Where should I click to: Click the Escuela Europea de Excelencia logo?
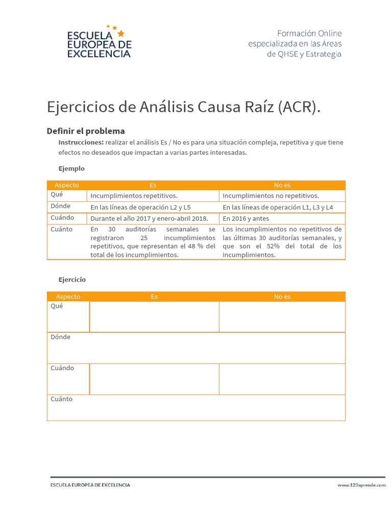pos(100,42)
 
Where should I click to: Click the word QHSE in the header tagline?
pos(289,54)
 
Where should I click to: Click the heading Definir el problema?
pos(86,131)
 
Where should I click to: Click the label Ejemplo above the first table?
pos(71,168)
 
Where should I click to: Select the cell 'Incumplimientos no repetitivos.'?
pos(271,196)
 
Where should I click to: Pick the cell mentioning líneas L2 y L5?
pos(140,207)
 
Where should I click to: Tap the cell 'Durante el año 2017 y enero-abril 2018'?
pos(150,219)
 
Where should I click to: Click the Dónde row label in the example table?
pos(61,206)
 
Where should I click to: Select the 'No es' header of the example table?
pos(282,185)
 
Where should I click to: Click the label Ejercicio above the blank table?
pos(72,279)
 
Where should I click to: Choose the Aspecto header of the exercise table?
pos(68,297)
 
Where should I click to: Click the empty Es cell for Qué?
pos(154,317)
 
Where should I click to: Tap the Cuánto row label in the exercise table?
pos(62,399)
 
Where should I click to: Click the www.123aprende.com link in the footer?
pos(361,485)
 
